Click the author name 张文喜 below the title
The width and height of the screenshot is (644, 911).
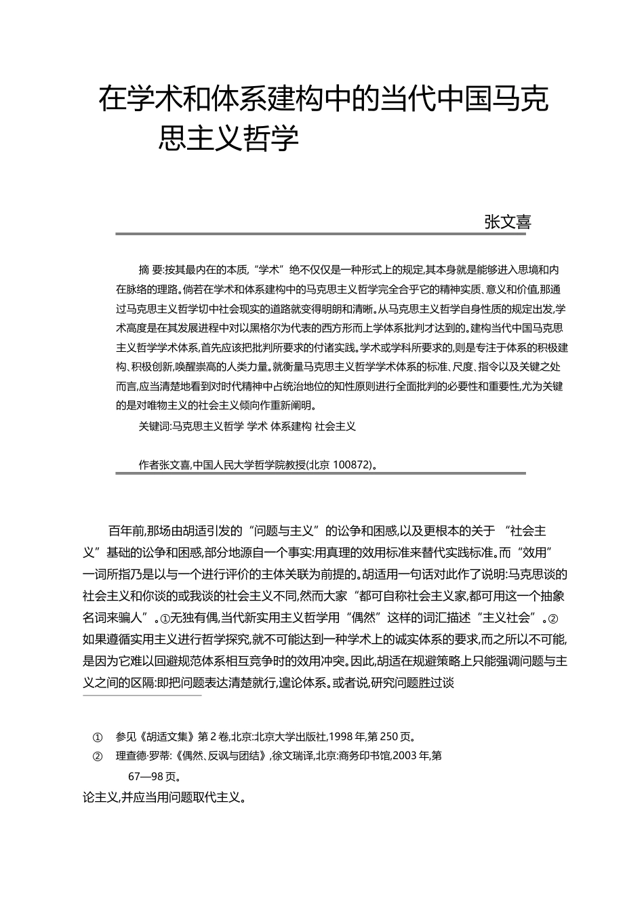pyautogui.click(x=507, y=222)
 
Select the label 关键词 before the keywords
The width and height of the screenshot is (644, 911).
pyautogui.click(x=153, y=426)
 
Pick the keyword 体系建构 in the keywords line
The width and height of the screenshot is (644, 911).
pyautogui.click(x=291, y=426)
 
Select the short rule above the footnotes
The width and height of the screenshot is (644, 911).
pyautogui.click(x=142, y=695)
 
